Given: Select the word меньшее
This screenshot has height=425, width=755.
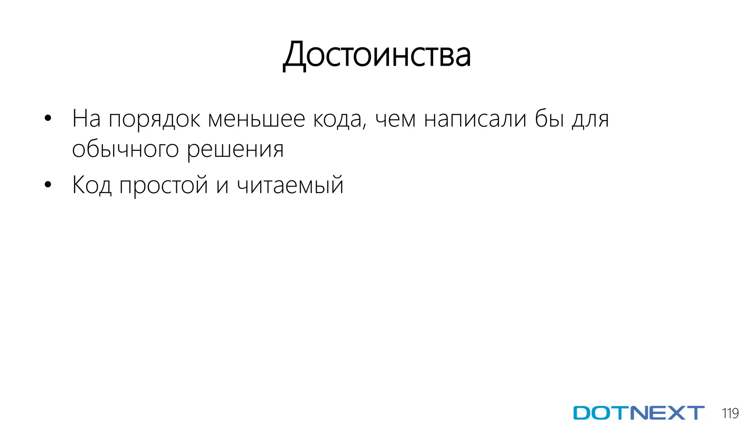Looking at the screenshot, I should tap(257, 119).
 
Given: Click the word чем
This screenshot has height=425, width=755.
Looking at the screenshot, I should tap(396, 120).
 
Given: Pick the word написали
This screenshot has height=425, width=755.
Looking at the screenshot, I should tap(475, 119).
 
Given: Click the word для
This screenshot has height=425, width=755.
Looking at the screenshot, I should tap(590, 120).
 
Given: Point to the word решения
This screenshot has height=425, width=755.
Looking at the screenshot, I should tap(235, 150).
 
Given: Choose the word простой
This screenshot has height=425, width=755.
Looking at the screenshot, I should tap(164, 185).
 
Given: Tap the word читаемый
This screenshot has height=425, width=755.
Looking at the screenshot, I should tap(290, 185).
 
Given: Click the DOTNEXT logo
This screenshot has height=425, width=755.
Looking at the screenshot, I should tap(639, 413).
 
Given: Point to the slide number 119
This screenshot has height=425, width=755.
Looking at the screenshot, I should tap(730, 413).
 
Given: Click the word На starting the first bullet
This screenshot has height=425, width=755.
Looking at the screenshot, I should tap(86, 119).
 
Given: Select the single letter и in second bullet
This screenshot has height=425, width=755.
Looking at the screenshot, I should tap(222, 186).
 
